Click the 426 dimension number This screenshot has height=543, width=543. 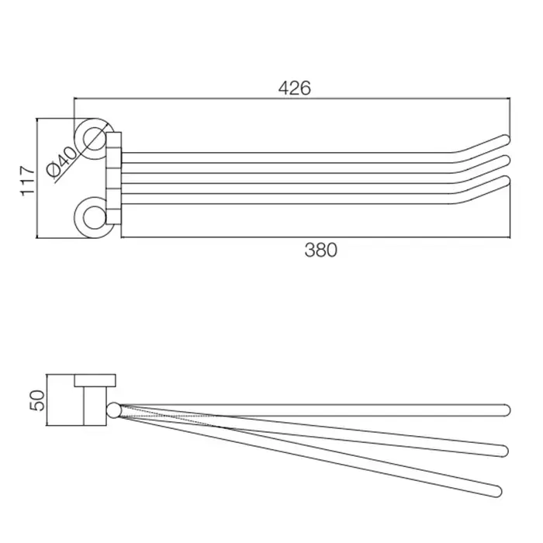[295, 88]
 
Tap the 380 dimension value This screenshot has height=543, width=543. [320, 250]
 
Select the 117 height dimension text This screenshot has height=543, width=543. [28, 181]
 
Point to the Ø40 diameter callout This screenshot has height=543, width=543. [62, 162]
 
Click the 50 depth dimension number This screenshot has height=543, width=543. [38, 401]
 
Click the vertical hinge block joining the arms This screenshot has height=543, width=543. [113, 178]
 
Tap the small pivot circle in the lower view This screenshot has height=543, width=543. [114, 410]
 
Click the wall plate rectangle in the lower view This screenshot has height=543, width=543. [95, 381]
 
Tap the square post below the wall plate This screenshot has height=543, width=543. [95, 406]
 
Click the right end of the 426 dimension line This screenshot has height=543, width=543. [510, 99]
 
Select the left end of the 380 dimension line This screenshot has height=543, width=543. [121, 237]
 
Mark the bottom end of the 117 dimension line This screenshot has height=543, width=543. [36, 238]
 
